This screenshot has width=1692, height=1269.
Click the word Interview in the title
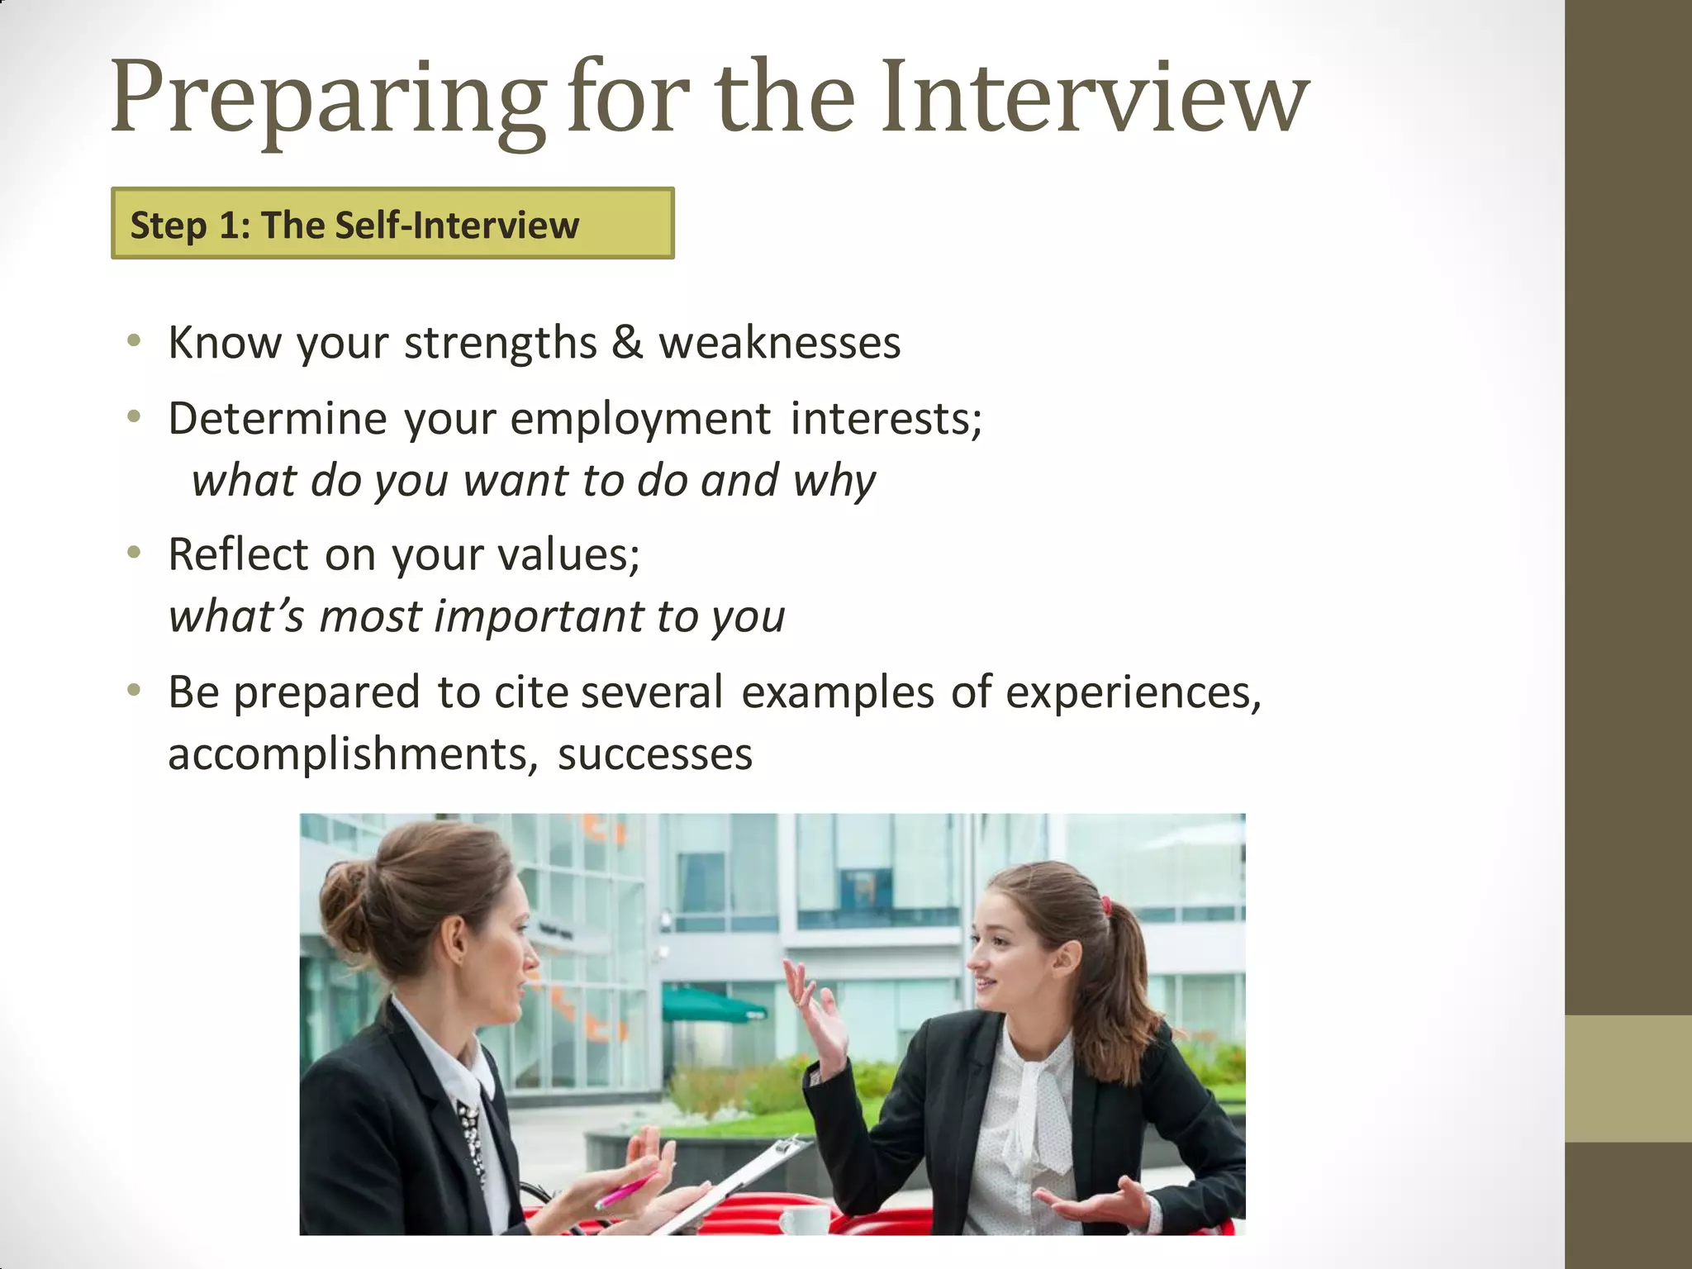[x=1094, y=97]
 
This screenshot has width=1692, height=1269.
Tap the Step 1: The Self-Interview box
[x=392, y=224]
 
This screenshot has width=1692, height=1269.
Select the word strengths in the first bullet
[x=500, y=343]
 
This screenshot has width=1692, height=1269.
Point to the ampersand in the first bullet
[x=627, y=342]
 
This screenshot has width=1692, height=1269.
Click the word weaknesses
[x=779, y=343]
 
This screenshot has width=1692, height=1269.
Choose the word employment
[x=640, y=419]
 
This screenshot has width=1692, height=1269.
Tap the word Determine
[x=278, y=418]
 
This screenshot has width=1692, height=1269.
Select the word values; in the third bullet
[x=568, y=554]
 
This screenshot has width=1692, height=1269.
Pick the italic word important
[x=539, y=616]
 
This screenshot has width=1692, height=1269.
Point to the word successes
[x=655, y=754]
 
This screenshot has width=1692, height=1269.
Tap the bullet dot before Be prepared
[x=134, y=690]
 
